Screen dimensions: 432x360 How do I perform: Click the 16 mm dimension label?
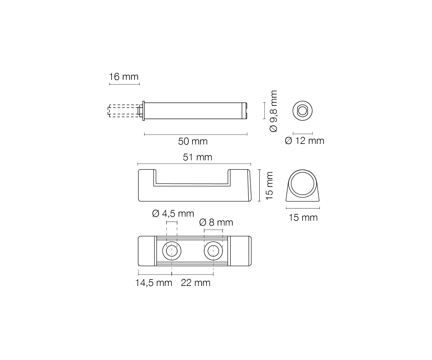[123, 77]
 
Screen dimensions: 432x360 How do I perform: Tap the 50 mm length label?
[193, 141]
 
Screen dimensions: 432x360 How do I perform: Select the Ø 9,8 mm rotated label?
[273, 111]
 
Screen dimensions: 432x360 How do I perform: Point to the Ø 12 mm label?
[304, 141]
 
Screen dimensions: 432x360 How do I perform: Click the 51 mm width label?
[197, 157]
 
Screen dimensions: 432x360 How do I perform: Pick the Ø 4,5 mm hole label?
[173, 213]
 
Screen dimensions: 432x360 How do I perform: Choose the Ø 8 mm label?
[216, 223]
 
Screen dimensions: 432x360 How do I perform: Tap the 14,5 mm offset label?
[154, 283]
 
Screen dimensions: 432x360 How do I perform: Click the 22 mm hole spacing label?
[195, 283]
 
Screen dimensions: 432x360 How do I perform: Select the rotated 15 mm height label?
[270, 186]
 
